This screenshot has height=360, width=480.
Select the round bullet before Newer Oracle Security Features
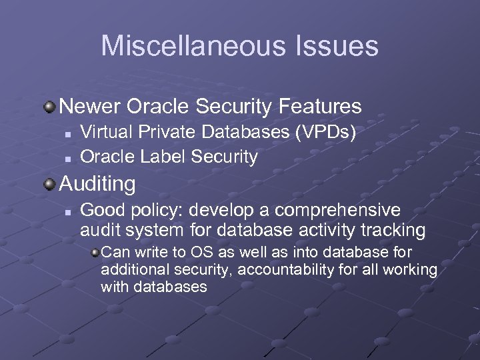click(x=50, y=106)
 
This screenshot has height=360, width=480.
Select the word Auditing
click(x=97, y=183)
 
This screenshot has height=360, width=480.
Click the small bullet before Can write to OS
click(x=95, y=253)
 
